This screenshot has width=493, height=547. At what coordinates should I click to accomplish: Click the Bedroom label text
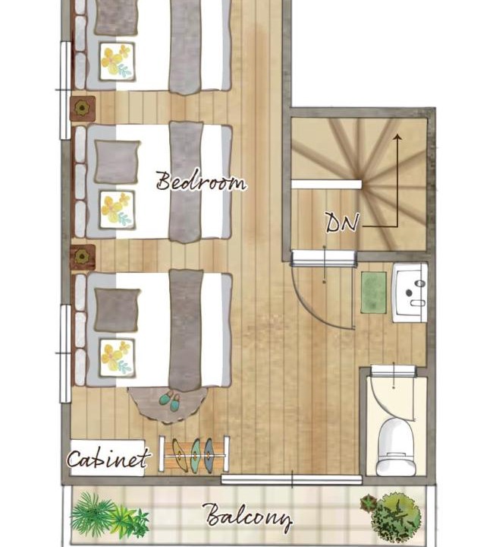[x=201, y=181]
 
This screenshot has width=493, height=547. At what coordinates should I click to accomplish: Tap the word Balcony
[x=249, y=517]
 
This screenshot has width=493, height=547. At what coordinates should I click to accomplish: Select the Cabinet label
[x=108, y=459]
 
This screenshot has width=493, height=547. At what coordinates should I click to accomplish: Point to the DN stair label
[x=342, y=223]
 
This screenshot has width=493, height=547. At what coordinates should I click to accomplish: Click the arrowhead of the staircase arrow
[x=397, y=137]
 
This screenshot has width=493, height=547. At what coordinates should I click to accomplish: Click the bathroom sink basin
[x=410, y=292]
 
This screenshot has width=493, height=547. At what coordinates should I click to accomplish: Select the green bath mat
[x=374, y=292]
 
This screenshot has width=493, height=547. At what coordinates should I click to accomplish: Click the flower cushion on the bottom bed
[x=117, y=357]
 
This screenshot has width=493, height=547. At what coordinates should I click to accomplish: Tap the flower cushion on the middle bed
[x=117, y=210]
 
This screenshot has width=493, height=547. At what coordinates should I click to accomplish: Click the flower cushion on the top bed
[x=117, y=62]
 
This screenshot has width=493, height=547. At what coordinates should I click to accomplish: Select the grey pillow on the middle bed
[x=117, y=162]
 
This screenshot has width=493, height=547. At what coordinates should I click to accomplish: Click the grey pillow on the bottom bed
[x=117, y=310]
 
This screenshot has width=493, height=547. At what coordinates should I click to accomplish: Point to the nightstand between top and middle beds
[x=83, y=109]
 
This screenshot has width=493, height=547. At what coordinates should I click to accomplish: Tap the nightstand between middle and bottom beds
[x=83, y=257]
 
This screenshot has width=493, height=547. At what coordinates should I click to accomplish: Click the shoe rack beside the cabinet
[x=194, y=455]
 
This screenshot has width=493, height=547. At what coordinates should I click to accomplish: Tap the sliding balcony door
[x=292, y=479]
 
